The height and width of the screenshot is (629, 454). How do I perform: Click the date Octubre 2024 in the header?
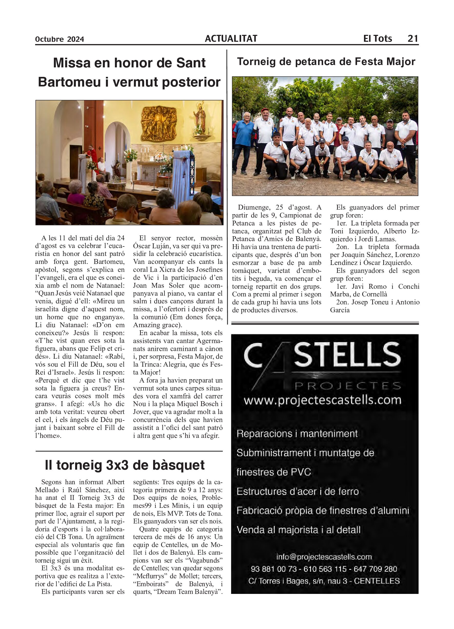click(x=60, y=39)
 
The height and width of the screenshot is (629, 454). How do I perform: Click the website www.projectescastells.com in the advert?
click(x=322, y=400)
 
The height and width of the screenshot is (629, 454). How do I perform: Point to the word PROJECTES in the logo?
click(x=347, y=386)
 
